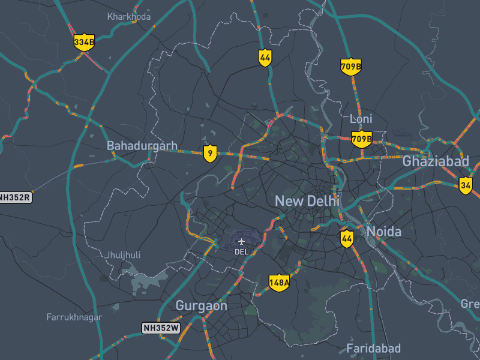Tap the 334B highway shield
(x=84, y=42)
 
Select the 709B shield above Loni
(x=350, y=66)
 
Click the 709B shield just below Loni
(x=361, y=140)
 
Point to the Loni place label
(x=361, y=119)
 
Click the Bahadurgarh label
(x=142, y=146)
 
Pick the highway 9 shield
(x=209, y=153)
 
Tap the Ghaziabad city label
(x=435, y=161)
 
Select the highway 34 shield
(x=466, y=185)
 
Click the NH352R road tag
(x=14, y=197)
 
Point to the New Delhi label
(x=307, y=201)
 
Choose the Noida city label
(x=383, y=231)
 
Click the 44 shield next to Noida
(x=346, y=238)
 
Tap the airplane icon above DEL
(x=242, y=242)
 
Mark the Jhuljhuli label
(x=123, y=255)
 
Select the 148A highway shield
(x=279, y=282)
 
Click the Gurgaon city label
(x=201, y=306)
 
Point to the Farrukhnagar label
(x=74, y=317)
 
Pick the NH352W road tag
(x=161, y=328)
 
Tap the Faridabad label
(x=373, y=349)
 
